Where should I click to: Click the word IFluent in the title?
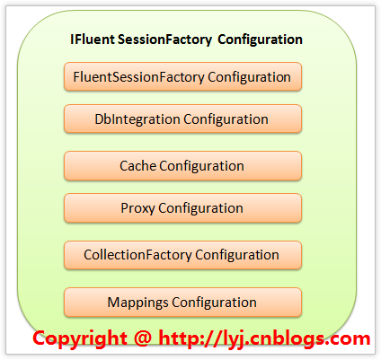[93, 40]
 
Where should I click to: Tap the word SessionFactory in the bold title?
[164, 40]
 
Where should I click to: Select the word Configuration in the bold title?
[260, 40]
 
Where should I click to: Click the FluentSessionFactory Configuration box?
[182, 76]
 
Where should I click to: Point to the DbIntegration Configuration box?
[182, 119]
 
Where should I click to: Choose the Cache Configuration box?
[182, 166]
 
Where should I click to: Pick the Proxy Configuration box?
[182, 208]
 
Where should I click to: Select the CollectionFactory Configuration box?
[182, 255]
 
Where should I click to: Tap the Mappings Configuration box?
[182, 303]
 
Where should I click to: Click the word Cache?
[137, 166]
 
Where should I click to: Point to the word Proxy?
[137, 208]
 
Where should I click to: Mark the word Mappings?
[137, 303]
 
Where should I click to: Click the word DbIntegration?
[137, 119]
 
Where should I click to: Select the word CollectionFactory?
[137, 255]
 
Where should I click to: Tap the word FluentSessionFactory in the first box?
[138, 77]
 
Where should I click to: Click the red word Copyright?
[80, 339]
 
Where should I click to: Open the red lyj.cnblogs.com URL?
[264, 338]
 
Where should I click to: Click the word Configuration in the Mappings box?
[214, 303]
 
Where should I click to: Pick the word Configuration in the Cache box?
[201, 166]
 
